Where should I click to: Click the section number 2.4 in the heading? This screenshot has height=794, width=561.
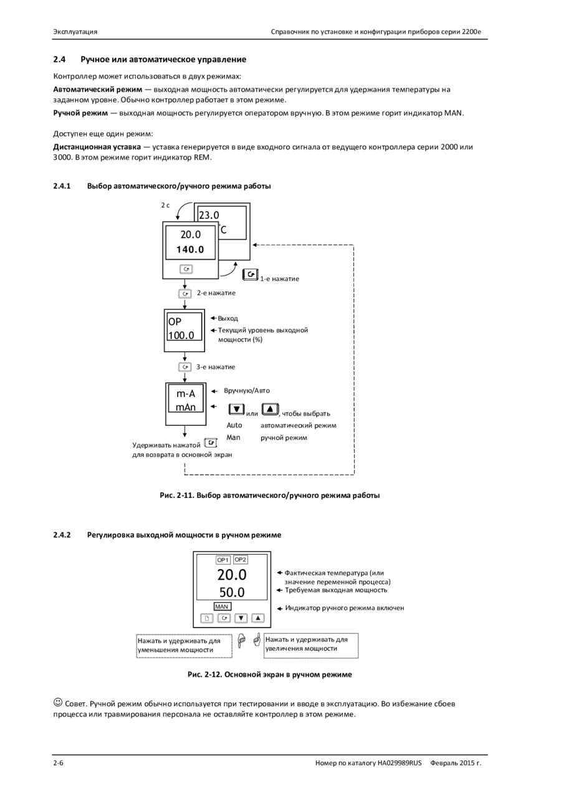60,59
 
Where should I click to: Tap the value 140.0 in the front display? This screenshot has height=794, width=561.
190,249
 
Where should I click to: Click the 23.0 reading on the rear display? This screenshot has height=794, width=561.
209,215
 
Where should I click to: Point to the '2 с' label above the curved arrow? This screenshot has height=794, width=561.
165,205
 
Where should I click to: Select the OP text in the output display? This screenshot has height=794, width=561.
175,322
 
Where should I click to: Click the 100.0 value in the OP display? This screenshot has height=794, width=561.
181,335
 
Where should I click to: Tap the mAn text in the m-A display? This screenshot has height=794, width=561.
186,407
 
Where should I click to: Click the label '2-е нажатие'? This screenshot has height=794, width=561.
216,293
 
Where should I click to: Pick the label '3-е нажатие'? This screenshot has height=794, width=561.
216,367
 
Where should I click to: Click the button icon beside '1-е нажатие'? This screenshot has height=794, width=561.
251,274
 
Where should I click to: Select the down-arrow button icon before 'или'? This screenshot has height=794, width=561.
236,409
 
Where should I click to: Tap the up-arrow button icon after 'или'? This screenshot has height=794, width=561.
271,409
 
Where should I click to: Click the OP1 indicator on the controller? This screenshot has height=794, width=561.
223,560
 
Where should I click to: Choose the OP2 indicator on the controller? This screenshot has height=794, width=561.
241,560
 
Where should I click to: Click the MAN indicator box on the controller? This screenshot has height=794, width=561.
223,606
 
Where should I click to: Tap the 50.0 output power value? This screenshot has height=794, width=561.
232,592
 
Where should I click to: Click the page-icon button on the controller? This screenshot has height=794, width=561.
207,618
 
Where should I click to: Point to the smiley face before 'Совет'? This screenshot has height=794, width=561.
57,702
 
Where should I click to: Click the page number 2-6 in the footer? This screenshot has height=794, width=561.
58,763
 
